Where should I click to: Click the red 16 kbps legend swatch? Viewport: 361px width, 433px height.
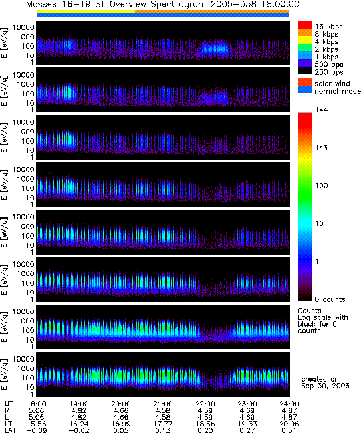tap(305, 25)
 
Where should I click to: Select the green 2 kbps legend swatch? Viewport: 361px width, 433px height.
tap(305, 47)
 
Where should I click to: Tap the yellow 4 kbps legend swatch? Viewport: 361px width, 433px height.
tap(305, 40)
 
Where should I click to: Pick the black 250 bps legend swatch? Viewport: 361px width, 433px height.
tap(305, 70)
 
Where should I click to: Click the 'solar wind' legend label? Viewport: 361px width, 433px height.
tap(332, 84)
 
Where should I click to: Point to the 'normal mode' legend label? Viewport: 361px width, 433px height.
tap(337, 91)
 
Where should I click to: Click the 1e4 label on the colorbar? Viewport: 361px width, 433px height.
tap(321, 110)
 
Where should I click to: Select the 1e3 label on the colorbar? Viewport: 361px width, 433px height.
tap(321, 148)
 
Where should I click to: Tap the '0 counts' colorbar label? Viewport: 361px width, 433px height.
tap(330, 299)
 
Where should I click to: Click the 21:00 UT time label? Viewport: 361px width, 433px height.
tap(162, 404)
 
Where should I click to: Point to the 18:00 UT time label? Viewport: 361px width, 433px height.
tap(37, 404)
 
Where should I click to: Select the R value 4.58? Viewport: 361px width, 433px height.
tap(162, 411)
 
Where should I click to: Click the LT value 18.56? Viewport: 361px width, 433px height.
tap(205, 424)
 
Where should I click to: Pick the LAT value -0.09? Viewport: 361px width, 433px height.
tap(37, 430)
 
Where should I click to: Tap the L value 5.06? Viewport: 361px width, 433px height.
tap(37, 417)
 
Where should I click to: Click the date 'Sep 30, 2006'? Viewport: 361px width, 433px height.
tap(325, 386)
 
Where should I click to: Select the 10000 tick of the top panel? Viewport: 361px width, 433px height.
tap(23, 27)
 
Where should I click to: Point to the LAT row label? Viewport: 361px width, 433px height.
tap(11, 430)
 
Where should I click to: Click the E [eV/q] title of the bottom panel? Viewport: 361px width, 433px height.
tap(5, 374)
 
